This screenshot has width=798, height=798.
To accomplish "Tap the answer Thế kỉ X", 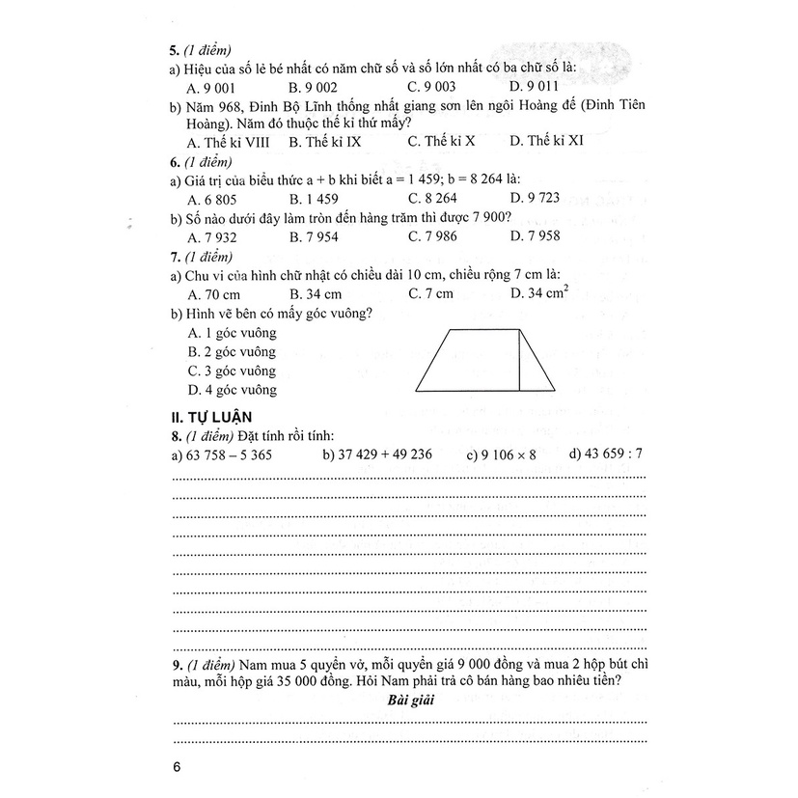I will click(441, 141).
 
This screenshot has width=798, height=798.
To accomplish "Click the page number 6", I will click(175, 768).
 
